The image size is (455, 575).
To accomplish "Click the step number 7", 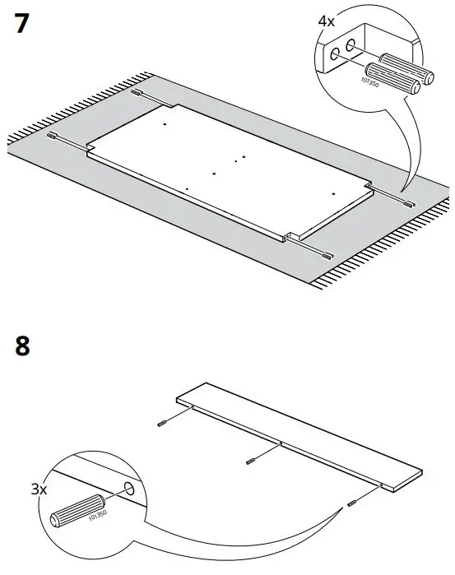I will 23,24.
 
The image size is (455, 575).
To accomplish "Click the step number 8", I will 22,345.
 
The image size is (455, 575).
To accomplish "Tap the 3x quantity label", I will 39,489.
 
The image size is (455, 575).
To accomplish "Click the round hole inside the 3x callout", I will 129,492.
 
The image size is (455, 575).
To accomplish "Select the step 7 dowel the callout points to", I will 409,202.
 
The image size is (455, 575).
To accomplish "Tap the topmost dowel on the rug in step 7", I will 136,95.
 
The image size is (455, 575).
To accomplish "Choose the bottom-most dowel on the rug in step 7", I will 327,253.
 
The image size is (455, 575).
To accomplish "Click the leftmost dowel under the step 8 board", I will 161,423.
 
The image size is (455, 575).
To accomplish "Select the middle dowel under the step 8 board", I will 253,461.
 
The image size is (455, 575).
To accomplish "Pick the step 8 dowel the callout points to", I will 351,503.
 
